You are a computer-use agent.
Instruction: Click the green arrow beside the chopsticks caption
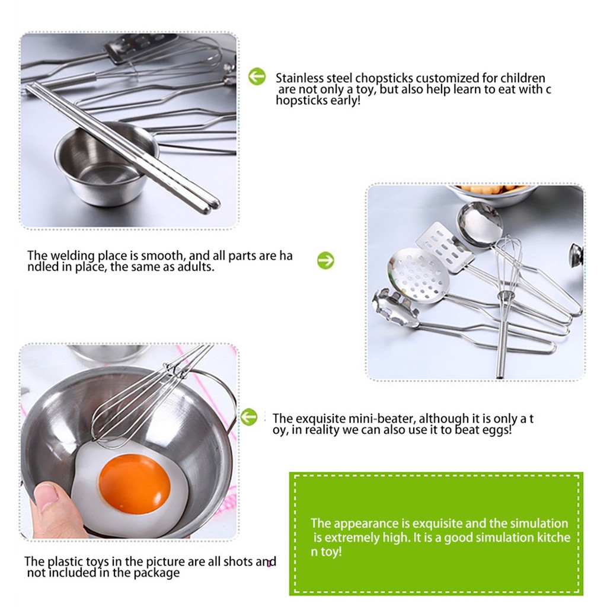[x=257, y=76]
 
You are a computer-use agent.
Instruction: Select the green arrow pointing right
[x=325, y=261]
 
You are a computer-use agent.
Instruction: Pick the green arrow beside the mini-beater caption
[x=248, y=417]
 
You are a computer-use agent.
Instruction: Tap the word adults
[x=196, y=267]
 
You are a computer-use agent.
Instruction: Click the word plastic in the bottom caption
[x=65, y=561]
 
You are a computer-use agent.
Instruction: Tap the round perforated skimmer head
[x=418, y=275]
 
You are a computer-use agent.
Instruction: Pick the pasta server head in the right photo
[x=396, y=306]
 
